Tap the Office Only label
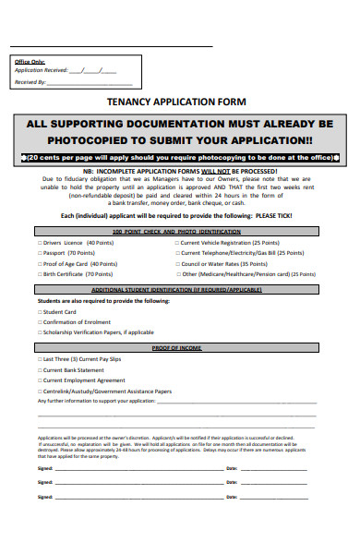click(30, 61)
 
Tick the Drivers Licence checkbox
click(39, 241)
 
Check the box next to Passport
click(39, 252)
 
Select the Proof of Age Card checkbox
click(39, 263)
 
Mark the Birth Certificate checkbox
click(39, 274)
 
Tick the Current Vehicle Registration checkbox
click(176, 241)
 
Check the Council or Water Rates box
click(176, 263)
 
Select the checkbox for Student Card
click(39, 312)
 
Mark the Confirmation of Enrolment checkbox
click(39, 321)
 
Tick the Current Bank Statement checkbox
click(39, 369)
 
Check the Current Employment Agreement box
click(39, 379)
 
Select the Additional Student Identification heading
click(177, 290)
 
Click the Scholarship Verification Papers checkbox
click(39, 331)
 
